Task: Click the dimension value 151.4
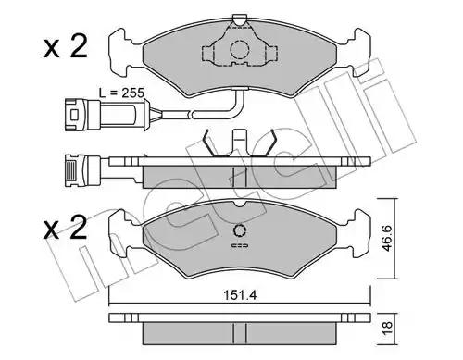240,295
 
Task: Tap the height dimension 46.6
387,238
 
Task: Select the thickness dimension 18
387,328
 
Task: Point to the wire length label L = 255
121,93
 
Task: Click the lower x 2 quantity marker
66,228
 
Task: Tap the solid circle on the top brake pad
240,49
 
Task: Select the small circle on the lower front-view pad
240,230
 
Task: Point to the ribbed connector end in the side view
70,170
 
